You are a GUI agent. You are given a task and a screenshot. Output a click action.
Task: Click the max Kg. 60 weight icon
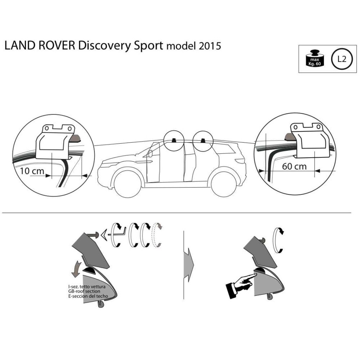(314, 59)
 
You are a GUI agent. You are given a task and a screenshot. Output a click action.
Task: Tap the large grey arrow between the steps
(188, 262)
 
